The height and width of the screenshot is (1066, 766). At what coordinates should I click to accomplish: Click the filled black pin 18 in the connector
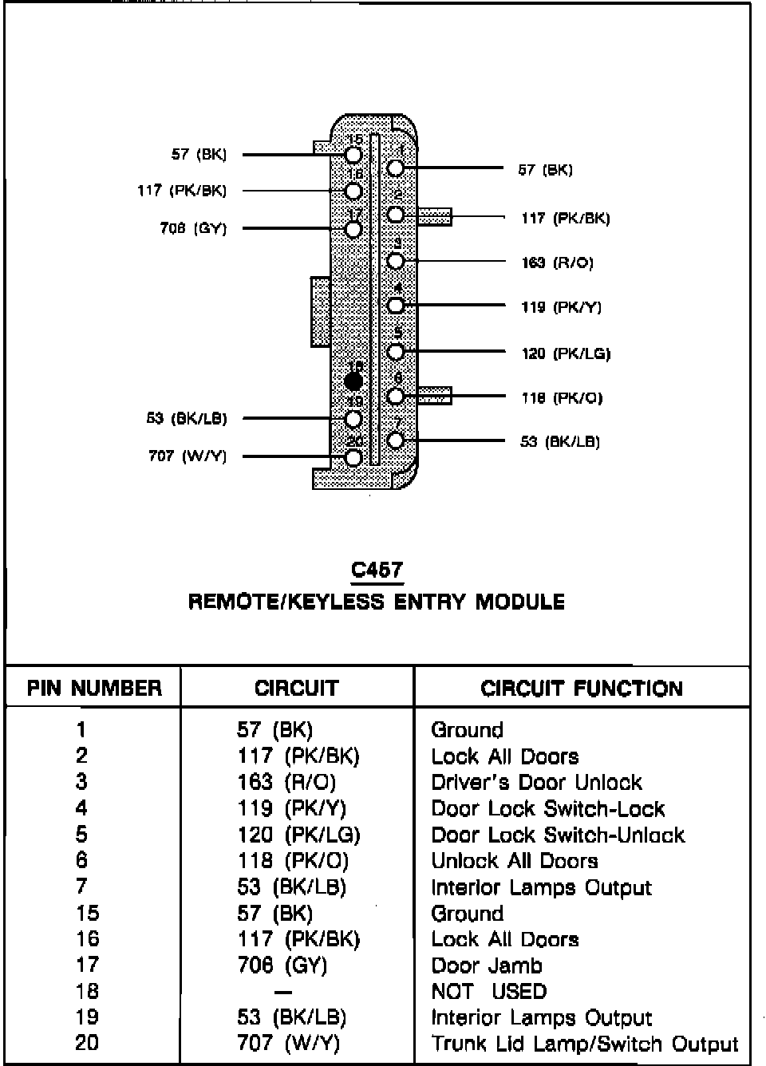pyautogui.click(x=354, y=382)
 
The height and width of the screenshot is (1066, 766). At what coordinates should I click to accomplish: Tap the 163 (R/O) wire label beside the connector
pyautogui.click(x=558, y=263)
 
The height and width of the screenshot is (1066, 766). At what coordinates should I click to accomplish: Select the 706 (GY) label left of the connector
pyautogui.click(x=193, y=228)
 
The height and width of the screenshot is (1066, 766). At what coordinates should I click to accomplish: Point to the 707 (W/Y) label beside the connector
pyautogui.click(x=188, y=456)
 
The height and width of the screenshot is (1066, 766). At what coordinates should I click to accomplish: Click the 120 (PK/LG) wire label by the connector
pyautogui.click(x=566, y=353)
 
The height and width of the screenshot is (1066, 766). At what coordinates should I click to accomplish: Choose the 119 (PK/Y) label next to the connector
pyautogui.click(x=562, y=307)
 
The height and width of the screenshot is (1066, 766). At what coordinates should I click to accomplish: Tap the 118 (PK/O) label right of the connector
pyautogui.click(x=562, y=397)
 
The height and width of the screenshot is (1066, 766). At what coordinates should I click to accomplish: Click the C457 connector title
pyautogui.click(x=377, y=570)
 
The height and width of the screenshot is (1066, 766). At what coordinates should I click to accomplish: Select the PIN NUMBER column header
pyautogui.click(x=94, y=688)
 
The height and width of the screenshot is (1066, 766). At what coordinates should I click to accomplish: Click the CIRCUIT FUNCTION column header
pyautogui.click(x=582, y=689)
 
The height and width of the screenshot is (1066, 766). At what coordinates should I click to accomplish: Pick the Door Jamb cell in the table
pyautogui.click(x=487, y=965)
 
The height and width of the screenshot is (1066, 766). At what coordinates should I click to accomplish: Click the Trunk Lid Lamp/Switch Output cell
pyautogui.click(x=585, y=1044)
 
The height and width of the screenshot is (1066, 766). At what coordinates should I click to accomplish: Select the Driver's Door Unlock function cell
pyautogui.click(x=536, y=782)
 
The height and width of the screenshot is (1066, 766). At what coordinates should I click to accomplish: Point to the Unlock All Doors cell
pyautogui.click(x=515, y=861)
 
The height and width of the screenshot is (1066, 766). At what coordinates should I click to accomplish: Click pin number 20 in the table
pyautogui.click(x=87, y=1043)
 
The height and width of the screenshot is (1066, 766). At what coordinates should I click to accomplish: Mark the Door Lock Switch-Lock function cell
pyautogui.click(x=548, y=808)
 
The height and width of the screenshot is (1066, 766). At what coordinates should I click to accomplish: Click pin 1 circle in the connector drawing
pyautogui.click(x=396, y=168)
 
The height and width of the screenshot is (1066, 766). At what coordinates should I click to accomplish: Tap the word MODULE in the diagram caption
pyautogui.click(x=520, y=602)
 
